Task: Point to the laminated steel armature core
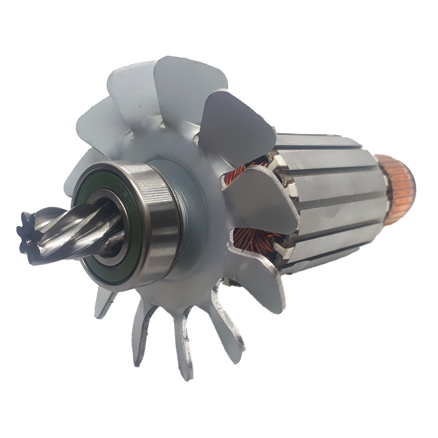point(328,204)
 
